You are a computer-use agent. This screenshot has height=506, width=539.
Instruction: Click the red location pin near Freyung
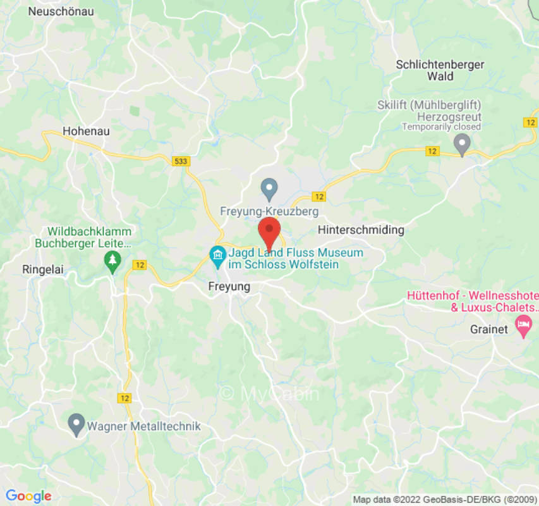click(x=270, y=231)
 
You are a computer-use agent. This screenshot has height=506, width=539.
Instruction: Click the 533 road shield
click(x=181, y=161)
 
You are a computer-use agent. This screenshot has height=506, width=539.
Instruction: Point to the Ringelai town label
click(x=44, y=268)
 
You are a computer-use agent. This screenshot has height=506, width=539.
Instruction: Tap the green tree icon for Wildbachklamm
click(x=112, y=261)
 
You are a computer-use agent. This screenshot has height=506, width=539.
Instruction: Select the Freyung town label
click(x=229, y=287)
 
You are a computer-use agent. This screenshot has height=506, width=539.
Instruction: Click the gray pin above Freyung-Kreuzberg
click(x=269, y=188)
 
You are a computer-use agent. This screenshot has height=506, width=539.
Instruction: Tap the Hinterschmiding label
click(x=361, y=230)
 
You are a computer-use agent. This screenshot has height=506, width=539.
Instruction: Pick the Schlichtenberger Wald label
click(x=440, y=70)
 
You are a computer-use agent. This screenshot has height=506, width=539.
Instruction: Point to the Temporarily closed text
click(x=442, y=126)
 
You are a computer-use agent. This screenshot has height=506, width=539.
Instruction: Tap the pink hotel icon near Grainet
click(x=523, y=327)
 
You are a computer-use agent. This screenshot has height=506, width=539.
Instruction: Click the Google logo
click(x=28, y=496)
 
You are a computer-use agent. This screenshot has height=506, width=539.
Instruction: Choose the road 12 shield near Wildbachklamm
click(x=140, y=266)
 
